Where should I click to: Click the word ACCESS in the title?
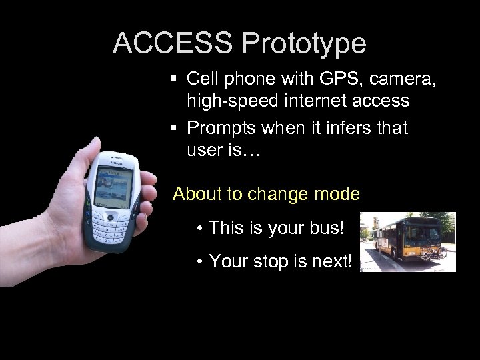point(173,43)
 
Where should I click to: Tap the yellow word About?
point(196,194)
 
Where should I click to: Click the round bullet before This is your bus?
point(200,229)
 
